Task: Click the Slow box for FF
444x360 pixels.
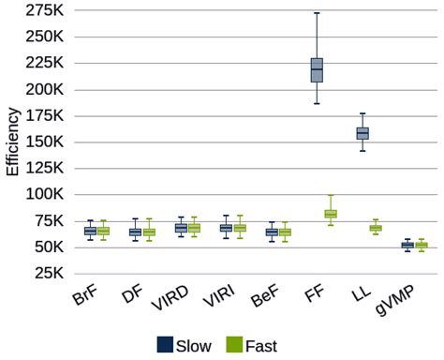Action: point(317,70)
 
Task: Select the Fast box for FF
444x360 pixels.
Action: point(331,214)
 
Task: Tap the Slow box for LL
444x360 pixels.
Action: point(363,133)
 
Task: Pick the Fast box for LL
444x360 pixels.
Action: point(376,228)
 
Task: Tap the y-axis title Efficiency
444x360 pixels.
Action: point(12,142)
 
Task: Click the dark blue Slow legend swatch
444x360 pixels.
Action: point(165,345)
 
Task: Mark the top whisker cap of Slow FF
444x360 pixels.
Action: point(317,13)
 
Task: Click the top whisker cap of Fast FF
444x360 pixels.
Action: point(331,195)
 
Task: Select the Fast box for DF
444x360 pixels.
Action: point(149,232)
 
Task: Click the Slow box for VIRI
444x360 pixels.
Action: point(226,228)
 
